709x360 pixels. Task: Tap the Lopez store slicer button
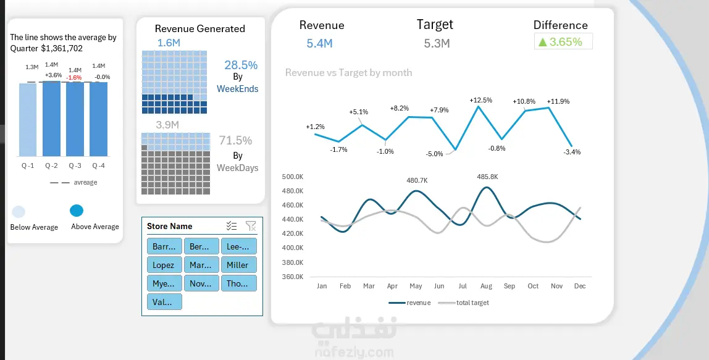click(x=164, y=265)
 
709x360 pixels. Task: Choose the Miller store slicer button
click(x=238, y=265)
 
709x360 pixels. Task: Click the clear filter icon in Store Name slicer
click(x=251, y=226)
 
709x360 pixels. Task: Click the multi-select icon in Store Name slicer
click(x=232, y=226)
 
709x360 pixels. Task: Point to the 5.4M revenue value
click(x=319, y=43)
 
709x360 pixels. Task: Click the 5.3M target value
click(x=437, y=43)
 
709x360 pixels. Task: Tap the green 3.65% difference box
click(x=563, y=41)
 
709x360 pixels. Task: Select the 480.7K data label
click(x=417, y=180)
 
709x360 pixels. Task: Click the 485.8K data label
click(x=487, y=177)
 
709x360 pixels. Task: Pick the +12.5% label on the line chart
click(x=480, y=100)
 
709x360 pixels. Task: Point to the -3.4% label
click(x=572, y=152)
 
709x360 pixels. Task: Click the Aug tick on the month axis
click(x=485, y=286)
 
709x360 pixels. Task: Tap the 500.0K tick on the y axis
click(x=292, y=177)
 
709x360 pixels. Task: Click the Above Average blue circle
click(x=77, y=211)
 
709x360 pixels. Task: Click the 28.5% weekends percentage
click(x=241, y=65)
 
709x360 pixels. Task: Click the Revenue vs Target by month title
click(x=348, y=72)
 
